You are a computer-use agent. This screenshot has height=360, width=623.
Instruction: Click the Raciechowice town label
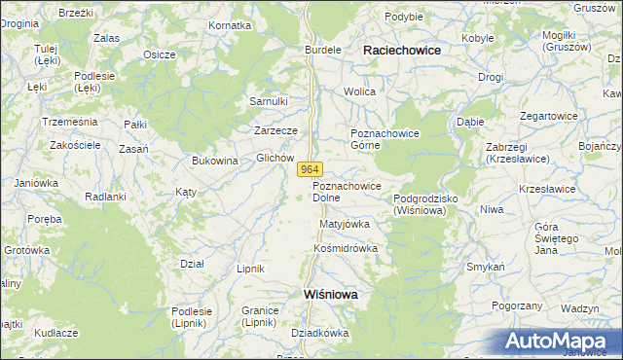[x=401, y=50]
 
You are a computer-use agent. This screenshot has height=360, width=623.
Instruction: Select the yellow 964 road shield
[x=308, y=169]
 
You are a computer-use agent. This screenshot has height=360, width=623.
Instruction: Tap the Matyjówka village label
[x=345, y=224]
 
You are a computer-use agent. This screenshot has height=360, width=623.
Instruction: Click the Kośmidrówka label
[x=345, y=248]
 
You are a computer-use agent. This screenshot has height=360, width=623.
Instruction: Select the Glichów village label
[x=275, y=158]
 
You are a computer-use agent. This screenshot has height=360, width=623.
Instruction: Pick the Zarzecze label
[x=275, y=129]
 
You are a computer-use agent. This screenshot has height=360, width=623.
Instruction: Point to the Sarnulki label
[x=269, y=100]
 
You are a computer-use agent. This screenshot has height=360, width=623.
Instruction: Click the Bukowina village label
[x=215, y=161]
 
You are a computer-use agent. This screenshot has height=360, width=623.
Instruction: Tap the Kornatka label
[x=230, y=24]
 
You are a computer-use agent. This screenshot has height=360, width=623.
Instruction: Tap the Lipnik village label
[x=251, y=268]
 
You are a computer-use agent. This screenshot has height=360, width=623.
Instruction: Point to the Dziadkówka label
[x=319, y=332]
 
